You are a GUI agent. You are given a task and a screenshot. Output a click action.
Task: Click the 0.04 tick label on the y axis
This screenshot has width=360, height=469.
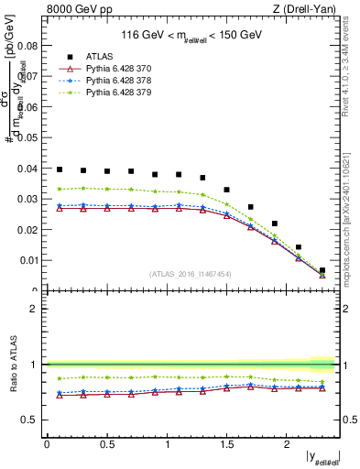pyautogui.click(x=29, y=168)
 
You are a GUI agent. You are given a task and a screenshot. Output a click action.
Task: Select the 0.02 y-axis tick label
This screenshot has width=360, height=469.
pyautogui.click(x=29, y=229)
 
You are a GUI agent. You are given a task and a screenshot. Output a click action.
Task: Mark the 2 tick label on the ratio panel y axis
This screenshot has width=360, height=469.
pyautogui.click(x=35, y=309)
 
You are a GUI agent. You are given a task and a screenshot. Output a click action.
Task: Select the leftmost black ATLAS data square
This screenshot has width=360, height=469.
pyautogui.click(x=60, y=169)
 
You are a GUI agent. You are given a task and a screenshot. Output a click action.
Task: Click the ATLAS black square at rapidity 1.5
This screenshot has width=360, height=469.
pyautogui.click(x=226, y=190)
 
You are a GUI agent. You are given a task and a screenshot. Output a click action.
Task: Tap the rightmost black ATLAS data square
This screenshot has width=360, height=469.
pyautogui.click(x=322, y=271)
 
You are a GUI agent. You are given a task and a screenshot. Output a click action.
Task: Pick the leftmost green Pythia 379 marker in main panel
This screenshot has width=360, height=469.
pyautogui.click(x=60, y=189)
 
